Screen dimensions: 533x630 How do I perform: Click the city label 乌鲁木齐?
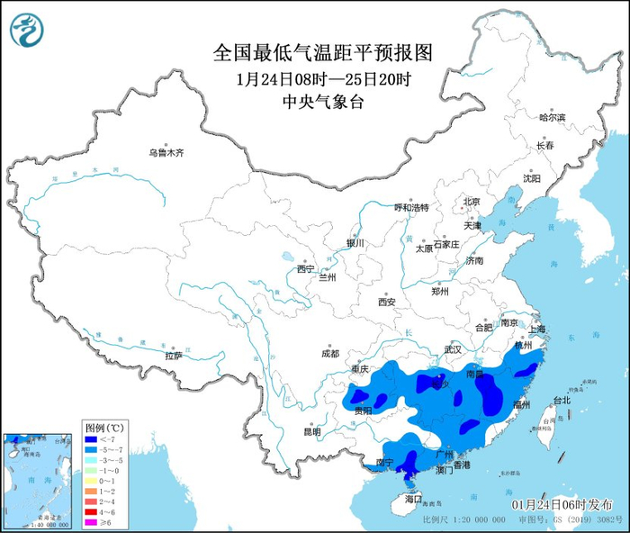pos(166,153)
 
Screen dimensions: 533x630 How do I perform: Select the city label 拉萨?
pos(174,356)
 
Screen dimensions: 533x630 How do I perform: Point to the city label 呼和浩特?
pos(412,207)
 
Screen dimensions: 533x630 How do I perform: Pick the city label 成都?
pos(328,354)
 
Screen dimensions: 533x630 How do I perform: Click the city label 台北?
pos(562,400)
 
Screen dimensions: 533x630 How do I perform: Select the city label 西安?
pos(387,302)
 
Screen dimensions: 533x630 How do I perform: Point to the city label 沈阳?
pos(532,178)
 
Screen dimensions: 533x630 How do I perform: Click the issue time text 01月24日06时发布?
pos(562,504)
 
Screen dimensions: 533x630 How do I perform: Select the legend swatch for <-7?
pos(92,436)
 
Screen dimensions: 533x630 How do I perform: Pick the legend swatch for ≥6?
pos(92,520)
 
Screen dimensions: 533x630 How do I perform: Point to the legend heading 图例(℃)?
pos(104,425)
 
